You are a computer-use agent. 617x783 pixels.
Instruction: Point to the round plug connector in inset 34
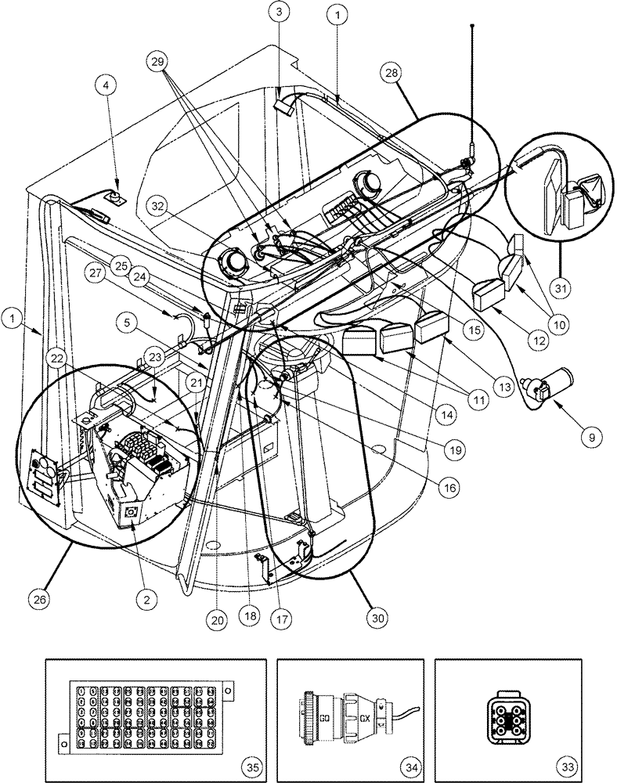tap(345, 701)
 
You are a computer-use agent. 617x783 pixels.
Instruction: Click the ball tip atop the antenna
tap(473, 26)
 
